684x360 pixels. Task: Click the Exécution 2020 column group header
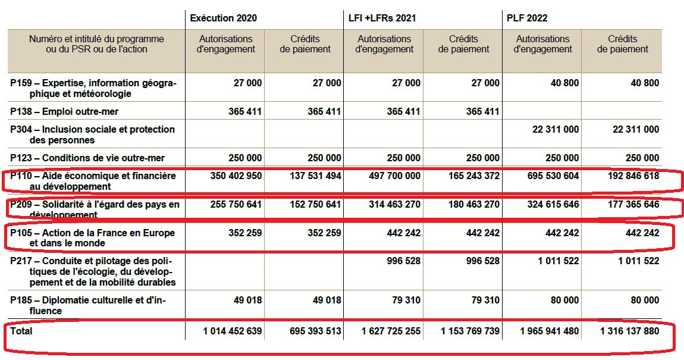tap(224, 18)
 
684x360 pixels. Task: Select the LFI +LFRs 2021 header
tap(382, 18)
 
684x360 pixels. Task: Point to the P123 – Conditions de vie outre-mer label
tap(87, 158)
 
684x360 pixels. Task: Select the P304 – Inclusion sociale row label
tap(92, 134)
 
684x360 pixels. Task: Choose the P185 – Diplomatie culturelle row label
tap(88, 305)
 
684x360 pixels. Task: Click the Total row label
tap(21, 330)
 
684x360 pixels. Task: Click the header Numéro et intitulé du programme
tap(96, 44)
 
